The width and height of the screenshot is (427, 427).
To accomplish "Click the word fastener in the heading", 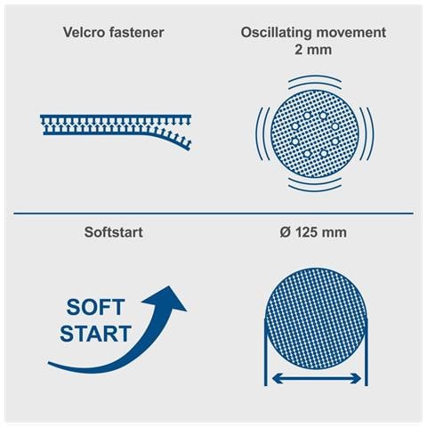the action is click(x=137, y=32).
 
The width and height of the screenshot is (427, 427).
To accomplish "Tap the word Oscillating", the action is click(x=277, y=33).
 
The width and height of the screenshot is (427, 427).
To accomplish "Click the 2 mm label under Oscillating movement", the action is click(x=313, y=50).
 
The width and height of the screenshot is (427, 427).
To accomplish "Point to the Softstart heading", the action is click(x=113, y=232).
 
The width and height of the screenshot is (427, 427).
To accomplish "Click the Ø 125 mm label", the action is click(x=313, y=232).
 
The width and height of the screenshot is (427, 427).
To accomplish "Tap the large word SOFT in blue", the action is click(x=95, y=307).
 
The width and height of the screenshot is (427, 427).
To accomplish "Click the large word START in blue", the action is click(x=95, y=334).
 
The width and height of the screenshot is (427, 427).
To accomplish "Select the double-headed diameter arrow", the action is click(x=316, y=378).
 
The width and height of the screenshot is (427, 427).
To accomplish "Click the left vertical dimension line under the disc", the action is click(x=266, y=352).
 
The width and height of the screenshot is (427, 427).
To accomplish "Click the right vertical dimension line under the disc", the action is click(x=367, y=352).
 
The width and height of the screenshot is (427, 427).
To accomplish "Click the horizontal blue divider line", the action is click(x=213, y=213).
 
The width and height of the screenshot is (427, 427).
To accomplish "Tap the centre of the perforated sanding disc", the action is click(x=315, y=133).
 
